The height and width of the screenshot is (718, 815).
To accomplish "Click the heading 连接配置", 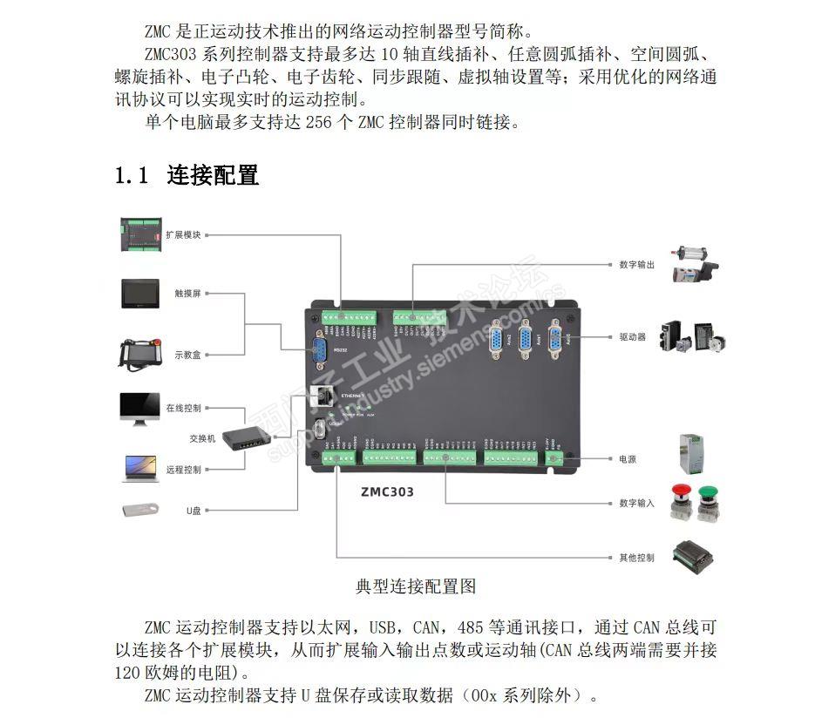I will point(213,175).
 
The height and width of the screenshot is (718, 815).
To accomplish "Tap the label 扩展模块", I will point(184,234).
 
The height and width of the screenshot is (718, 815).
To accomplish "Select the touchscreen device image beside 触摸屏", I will point(139,294).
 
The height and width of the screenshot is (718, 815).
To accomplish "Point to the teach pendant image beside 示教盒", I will point(139,352).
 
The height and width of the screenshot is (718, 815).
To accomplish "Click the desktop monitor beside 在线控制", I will point(139,409).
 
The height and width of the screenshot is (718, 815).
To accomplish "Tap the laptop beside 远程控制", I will point(139,469).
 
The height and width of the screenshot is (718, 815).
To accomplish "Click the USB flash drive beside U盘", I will point(139,511).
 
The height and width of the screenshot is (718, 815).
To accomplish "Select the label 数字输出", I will point(636,263).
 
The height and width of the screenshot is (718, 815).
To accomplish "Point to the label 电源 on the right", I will point(628,458).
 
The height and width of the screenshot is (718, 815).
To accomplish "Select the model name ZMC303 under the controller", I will point(387,491).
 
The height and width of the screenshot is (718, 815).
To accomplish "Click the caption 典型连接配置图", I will point(416,586).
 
